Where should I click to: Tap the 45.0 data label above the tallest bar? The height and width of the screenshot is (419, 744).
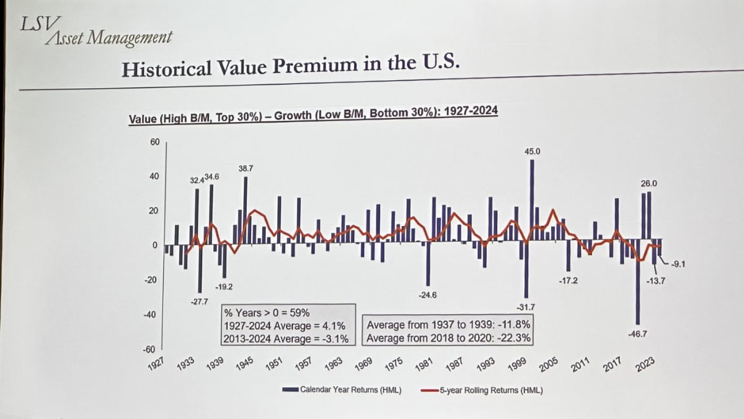click(532, 151)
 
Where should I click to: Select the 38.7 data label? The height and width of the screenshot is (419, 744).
click(246, 169)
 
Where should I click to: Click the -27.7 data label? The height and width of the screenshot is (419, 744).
click(200, 302)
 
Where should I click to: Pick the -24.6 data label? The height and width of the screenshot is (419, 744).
click(427, 295)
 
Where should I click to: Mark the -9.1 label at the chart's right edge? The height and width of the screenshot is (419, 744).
click(677, 265)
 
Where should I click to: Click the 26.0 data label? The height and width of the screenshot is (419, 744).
click(649, 184)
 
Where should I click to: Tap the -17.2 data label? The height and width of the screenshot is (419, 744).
click(569, 281)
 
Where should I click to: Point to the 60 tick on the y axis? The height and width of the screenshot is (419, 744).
click(154, 142)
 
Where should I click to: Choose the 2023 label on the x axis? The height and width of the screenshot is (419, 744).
click(646, 364)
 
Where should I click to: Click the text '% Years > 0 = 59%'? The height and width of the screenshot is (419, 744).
click(267, 313)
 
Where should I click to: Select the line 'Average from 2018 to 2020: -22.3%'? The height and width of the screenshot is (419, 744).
click(448, 338)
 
